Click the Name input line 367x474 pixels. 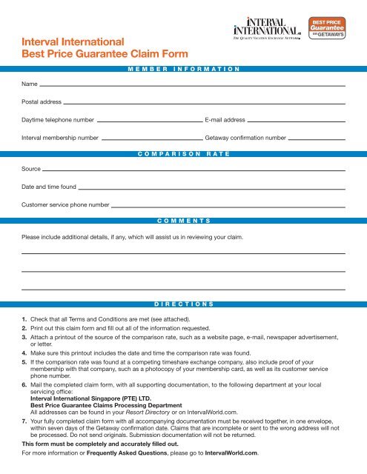[x=193, y=86]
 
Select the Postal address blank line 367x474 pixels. [x=204, y=103]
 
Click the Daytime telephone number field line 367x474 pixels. [x=149, y=120]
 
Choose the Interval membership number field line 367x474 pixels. [x=152, y=138]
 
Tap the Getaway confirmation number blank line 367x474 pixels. [x=317, y=138]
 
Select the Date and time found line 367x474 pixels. [x=212, y=188]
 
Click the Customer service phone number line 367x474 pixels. [x=228, y=205]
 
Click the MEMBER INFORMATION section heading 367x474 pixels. [x=182, y=67]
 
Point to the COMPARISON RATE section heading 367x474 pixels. [x=182, y=153]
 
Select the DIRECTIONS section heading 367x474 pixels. [x=183, y=304]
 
